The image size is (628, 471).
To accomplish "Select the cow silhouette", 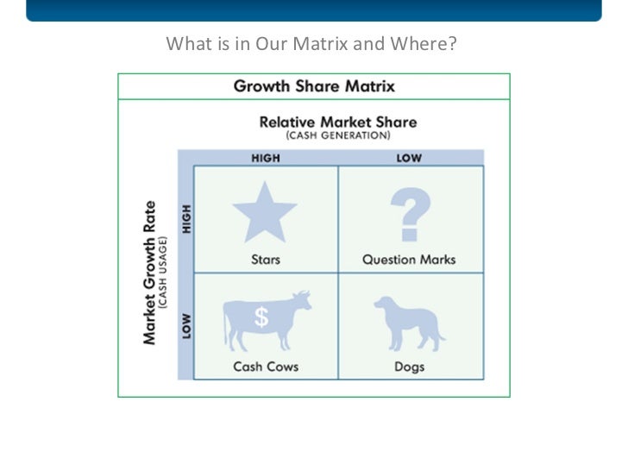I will pyautogui.click(x=266, y=320).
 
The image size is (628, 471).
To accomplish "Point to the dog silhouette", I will pyautogui.click(x=409, y=321).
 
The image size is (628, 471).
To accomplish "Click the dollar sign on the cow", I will pyautogui.click(x=261, y=318).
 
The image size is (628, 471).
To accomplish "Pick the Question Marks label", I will pyautogui.click(x=409, y=259).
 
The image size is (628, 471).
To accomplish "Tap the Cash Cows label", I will pyautogui.click(x=266, y=366).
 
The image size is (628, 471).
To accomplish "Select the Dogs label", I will pyautogui.click(x=409, y=366).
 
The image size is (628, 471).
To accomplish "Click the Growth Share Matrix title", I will pyautogui.click(x=314, y=86).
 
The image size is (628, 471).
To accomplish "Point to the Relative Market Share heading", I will pyautogui.click(x=338, y=122).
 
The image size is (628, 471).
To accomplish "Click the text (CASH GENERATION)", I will pyautogui.click(x=338, y=135).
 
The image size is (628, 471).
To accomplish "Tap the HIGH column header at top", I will pyautogui.click(x=266, y=158).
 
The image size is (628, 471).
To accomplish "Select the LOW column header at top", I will pyautogui.click(x=408, y=158).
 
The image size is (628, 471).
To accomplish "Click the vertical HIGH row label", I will pyautogui.click(x=186, y=219).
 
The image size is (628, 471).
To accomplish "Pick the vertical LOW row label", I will pyautogui.click(x=186, y=326).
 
